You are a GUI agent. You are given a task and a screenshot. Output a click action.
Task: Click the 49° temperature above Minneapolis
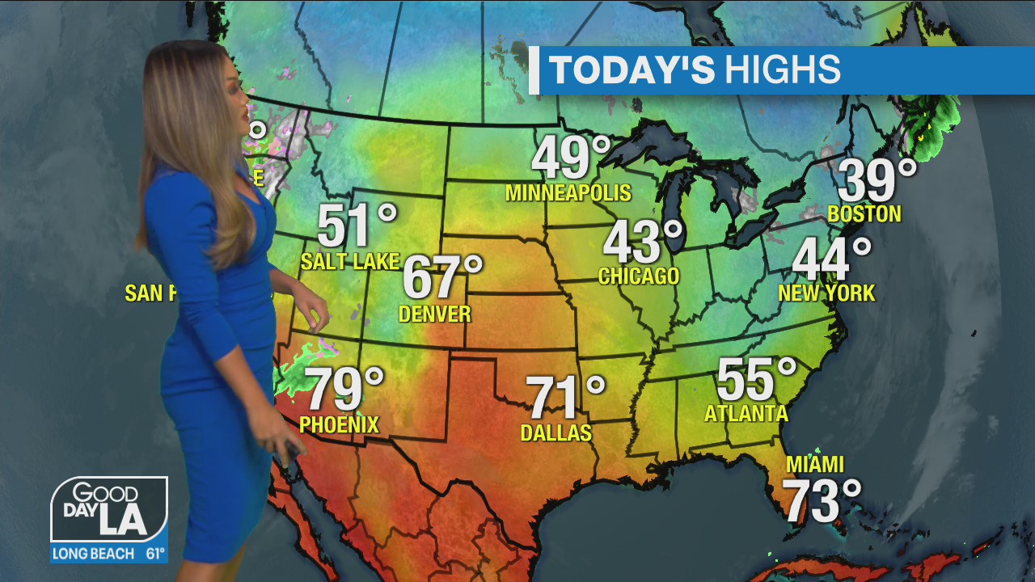click(x=571, y=158)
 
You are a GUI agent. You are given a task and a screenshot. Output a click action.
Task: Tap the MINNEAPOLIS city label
click(x=568, y=193)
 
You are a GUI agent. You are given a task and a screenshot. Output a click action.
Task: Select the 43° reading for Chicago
click(x=643, y=242)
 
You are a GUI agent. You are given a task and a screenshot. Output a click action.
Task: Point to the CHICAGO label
click(x=639, y=276)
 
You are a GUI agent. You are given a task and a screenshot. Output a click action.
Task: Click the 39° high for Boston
click(x=877, y=180)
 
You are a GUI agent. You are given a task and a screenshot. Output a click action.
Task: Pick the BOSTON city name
click(x=864, y=214)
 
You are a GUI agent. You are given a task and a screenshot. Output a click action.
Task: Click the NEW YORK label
click(x=826, y=293)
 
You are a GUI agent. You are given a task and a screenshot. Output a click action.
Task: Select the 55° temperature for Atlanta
click(x=756, y=379)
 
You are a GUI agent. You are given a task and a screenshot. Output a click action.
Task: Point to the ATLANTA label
click(x=746, y=414)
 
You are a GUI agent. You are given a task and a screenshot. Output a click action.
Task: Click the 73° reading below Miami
click(x=822, y=501)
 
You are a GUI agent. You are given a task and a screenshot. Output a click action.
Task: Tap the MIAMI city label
click(x=815, y=465)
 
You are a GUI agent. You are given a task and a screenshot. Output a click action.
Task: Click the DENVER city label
click(x=435, y=314)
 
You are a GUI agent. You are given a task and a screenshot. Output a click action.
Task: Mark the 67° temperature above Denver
click(x=441, y=276)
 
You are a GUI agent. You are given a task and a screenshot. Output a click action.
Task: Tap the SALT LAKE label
click(x=349, y=261)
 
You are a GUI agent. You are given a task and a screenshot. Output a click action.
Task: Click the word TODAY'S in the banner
click(x=632, y=70)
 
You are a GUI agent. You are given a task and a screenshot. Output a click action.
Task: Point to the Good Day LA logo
click(x=109, y=511)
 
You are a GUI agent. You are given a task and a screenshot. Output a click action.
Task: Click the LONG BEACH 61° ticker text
click(x=109, y=555)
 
